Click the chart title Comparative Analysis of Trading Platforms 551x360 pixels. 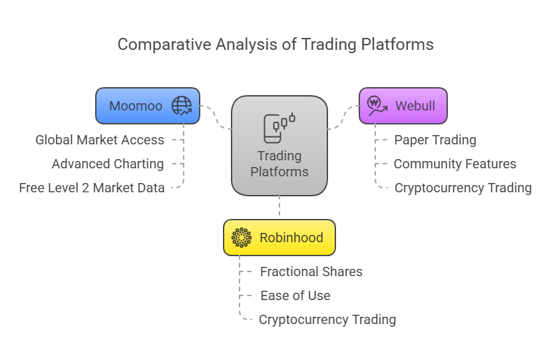[x=275, y=45]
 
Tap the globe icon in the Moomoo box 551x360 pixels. [x=181, y=106]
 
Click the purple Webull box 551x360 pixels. [x=403, y=106]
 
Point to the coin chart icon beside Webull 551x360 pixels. [x=377, y=106]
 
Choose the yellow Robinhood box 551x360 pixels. [x=279, y=238]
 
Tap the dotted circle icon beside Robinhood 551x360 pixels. [x=242, y=238]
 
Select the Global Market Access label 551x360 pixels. [x=100, y=140]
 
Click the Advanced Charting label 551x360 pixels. [x=108, y=164]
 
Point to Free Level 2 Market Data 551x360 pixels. [x=92, y=188]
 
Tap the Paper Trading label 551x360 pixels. [x=435, y=140]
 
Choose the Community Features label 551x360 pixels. [x=455, y=164]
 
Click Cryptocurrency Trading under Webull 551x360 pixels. [x=463, y=188]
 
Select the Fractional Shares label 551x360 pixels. [x=311, y=271]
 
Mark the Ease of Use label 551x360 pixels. [x=295, y=295]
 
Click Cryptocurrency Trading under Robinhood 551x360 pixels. [x=327, y=319]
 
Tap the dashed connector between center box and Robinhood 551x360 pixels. [x=279, y=207]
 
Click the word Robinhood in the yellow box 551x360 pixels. [x=291, y=238]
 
